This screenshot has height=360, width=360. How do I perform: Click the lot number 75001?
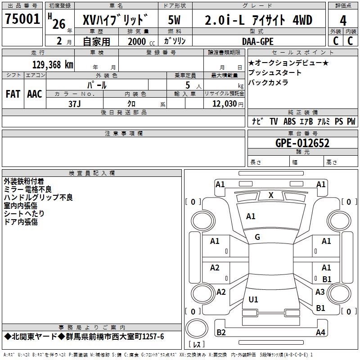[x=22, y=20]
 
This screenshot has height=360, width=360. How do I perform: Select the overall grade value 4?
[x=343, y=21]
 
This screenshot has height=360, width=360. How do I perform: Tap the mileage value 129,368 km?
[x=53, y=64]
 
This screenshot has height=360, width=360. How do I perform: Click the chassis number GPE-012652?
[x=302, y=143]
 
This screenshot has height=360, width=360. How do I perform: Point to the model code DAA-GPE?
[x=258, y=41]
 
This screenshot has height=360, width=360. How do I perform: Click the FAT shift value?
[x=13, y=94]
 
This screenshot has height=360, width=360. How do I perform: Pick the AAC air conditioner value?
[x=34, y=94]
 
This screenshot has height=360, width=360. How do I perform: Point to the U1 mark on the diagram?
[x=253, y=299]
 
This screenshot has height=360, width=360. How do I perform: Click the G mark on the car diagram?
[x=257, y=237]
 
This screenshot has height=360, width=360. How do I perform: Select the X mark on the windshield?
[x=270, y=195]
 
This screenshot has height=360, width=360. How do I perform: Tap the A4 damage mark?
[x=320, y=333]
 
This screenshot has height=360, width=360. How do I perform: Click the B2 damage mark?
[x=221, y=333]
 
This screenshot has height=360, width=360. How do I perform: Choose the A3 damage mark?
[x=320, y=292]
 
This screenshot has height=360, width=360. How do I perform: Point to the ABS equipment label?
[x=289, y=121]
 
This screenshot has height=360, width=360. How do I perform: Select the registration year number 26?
[x=58, y=24]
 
